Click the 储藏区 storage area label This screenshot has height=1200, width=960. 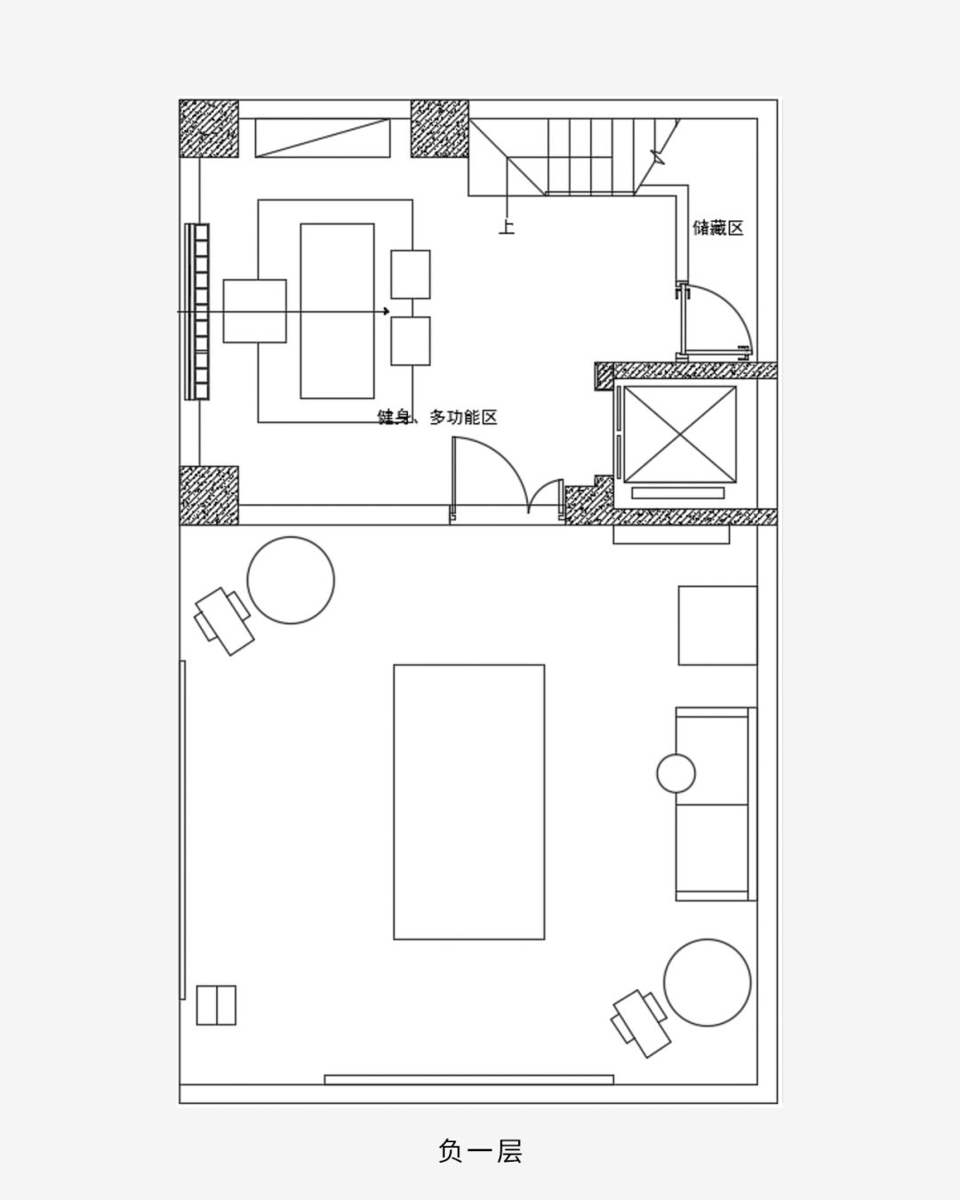718,228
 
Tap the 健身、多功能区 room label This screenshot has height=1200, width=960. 437,417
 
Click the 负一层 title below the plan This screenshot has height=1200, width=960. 480,1151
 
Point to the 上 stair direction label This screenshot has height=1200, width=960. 507,226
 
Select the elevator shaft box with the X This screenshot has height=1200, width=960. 679,434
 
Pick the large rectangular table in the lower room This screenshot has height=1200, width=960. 469,802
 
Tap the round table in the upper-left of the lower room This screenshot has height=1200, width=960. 291,580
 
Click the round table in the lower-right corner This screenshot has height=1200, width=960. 708,998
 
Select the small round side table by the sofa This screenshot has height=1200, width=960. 676,772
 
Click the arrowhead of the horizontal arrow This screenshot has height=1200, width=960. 387,311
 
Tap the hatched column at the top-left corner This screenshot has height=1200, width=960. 209,129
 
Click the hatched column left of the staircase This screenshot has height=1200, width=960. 440,129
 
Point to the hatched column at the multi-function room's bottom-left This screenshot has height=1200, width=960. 209,496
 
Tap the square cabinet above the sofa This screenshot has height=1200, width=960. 718,625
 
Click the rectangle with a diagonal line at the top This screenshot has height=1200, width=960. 323,138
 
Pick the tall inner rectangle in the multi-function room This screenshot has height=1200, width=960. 337,311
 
